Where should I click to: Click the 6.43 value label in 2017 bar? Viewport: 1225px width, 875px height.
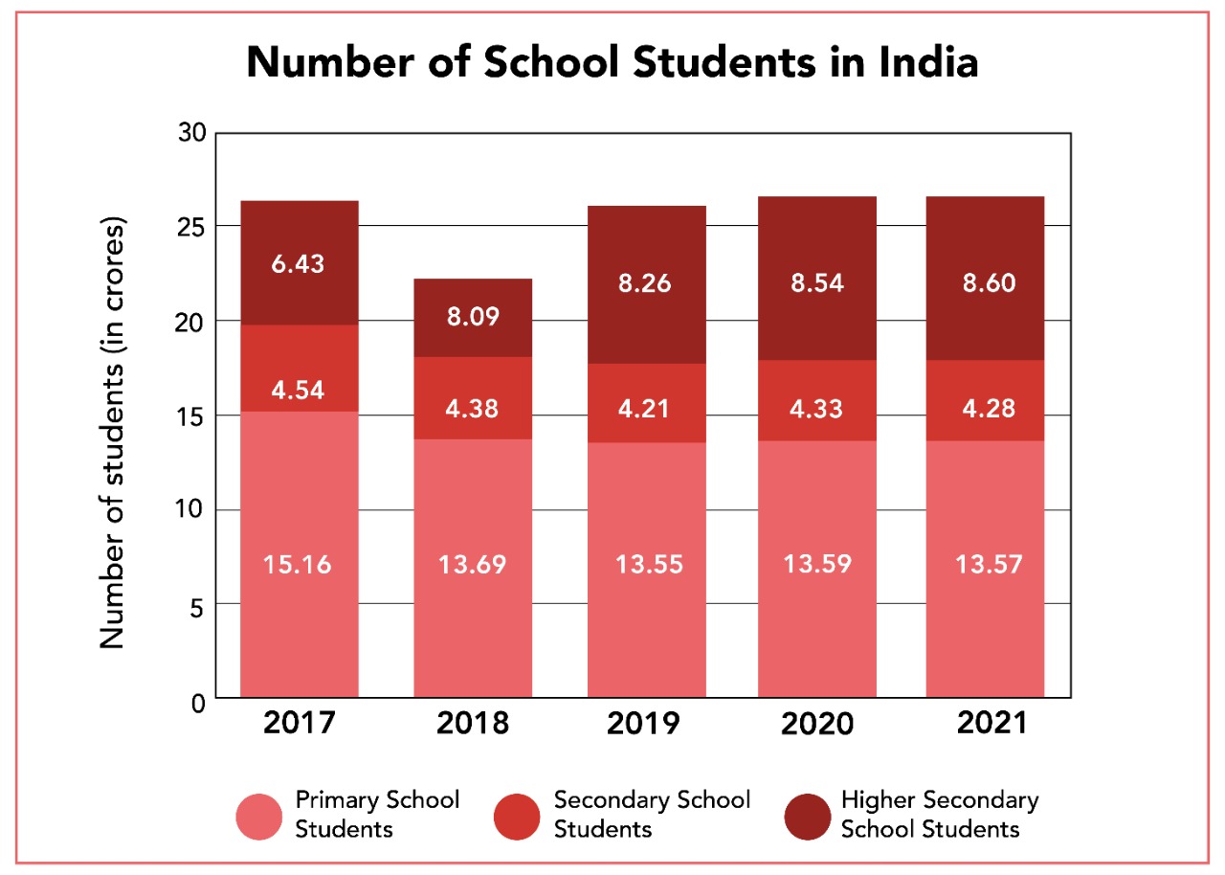coord(299,264)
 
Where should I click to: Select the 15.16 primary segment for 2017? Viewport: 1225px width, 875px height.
coord(299,564)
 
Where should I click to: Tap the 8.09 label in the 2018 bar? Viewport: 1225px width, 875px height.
coord(473,316)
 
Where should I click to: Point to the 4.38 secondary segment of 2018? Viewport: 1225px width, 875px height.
coord(473,408)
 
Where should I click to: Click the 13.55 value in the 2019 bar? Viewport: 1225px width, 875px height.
coord(646,564)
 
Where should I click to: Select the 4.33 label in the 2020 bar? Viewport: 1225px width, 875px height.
coord(816,408)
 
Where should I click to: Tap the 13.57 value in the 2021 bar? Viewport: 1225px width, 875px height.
coord(985,564)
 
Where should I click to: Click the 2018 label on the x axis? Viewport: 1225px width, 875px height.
coord(473,723)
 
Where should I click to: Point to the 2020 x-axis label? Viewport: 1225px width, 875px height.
coord(816,724)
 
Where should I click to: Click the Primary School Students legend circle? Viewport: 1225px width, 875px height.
coord(259,817)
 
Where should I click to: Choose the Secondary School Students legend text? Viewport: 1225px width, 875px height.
coord(652,814)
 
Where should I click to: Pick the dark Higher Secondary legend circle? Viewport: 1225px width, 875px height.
coord(807,817)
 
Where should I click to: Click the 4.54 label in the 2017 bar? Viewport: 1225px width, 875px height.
coord(299,390)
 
